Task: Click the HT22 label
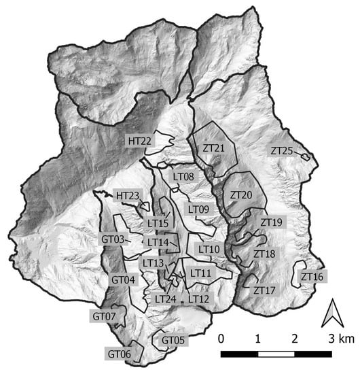(x=139, y=141)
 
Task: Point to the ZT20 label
(x=241, y=195)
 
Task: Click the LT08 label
(x=184, y=177)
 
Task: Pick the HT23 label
(x=128, y=196)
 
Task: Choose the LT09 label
(x=198, y=209)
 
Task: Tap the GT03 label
(x=113, y=239)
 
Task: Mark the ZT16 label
(x=312, y=277)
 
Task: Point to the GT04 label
(x=124, y=279)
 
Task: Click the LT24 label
(x=166, y=299)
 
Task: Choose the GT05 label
(x=173, y=340)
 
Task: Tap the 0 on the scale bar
(x=221, y=338)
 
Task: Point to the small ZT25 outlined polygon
(x=306, y=157)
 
